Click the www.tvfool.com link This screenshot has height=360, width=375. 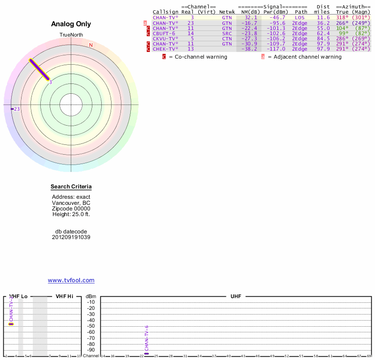[71, 280]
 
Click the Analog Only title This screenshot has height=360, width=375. [71, 24]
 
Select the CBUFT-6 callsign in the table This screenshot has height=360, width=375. [164, 33]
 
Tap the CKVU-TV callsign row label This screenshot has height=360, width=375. [165, 38]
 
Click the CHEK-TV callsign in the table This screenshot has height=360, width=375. [165, 49]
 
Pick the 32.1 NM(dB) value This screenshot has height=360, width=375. [251, 17]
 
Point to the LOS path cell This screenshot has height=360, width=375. [300, 17]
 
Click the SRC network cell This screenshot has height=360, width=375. [227, 33]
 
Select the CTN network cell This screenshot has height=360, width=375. [227, 38]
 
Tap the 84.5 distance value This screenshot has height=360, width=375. [323, 38]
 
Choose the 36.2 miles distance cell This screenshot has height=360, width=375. [323, 22]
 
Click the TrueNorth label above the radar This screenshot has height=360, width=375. [71, 35]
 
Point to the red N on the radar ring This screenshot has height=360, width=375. [91, 45]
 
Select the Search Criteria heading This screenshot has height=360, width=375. [71, 187]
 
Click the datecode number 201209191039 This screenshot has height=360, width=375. [71, 237]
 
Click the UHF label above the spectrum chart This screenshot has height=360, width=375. [235, 297]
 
